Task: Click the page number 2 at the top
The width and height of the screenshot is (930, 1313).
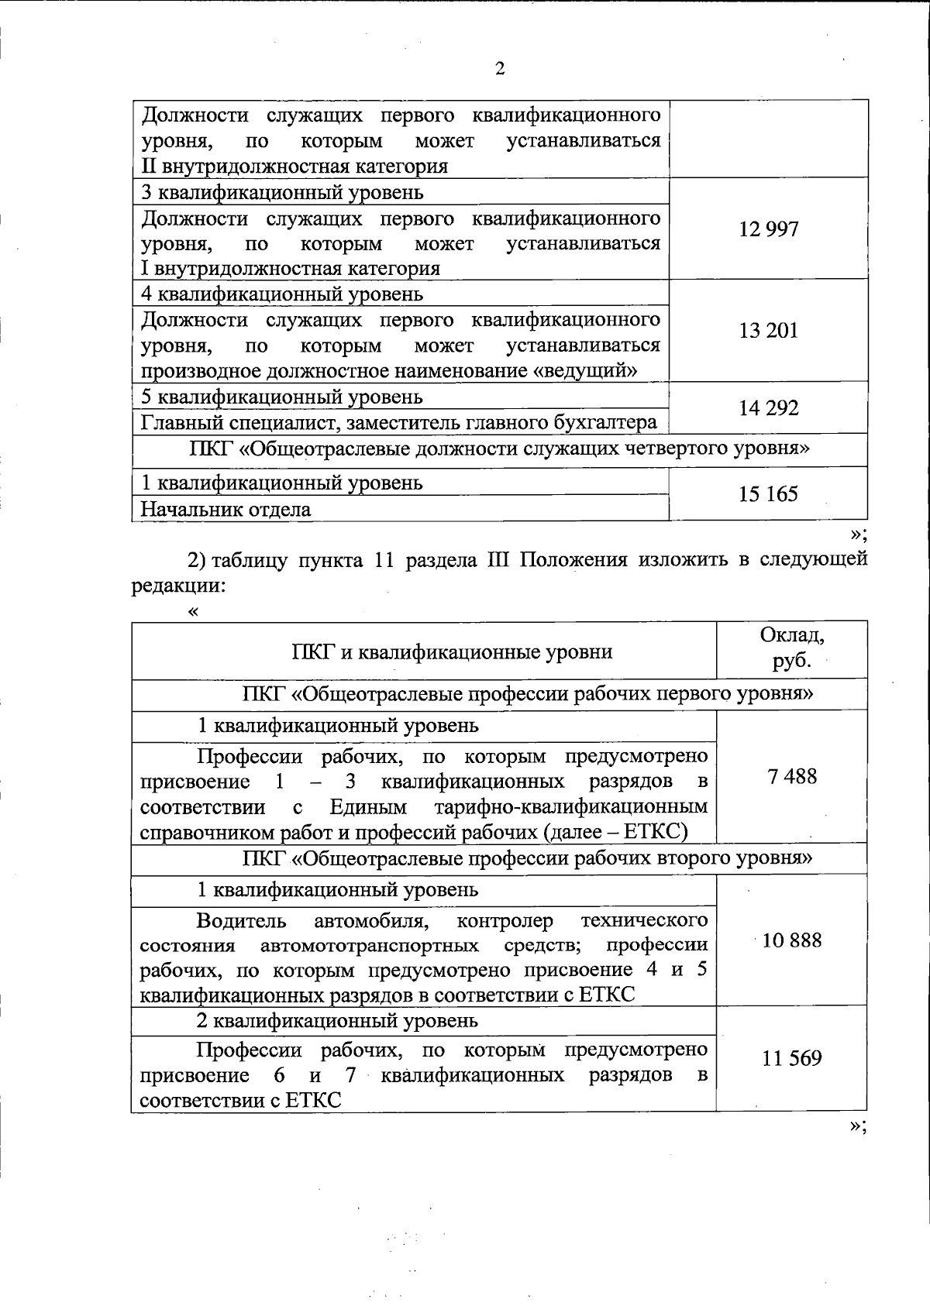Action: point(500,70)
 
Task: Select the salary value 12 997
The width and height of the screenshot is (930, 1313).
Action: point(769,229)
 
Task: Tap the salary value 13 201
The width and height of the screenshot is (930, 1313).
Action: point(769,331)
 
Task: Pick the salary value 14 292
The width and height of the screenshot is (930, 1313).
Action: point(769,408)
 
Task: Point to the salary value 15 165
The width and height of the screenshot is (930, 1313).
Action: point(769,494)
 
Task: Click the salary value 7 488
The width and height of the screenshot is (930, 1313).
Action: point(792,777)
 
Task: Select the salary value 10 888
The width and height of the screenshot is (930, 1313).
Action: point(792,941)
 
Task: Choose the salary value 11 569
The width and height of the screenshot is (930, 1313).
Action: point(792,1059)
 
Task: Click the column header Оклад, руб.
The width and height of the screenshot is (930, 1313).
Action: point(792,648)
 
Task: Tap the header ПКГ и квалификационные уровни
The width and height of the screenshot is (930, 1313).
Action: point(452,651)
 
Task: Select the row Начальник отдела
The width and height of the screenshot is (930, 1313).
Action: point(226,510)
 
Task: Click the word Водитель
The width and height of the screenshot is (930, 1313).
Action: point(242,921)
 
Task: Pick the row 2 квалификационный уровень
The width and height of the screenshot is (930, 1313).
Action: point(337,1021)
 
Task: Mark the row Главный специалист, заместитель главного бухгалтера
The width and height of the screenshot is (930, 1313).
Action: point(399,423)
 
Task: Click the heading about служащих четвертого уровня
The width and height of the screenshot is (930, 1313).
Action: point(500,449)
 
